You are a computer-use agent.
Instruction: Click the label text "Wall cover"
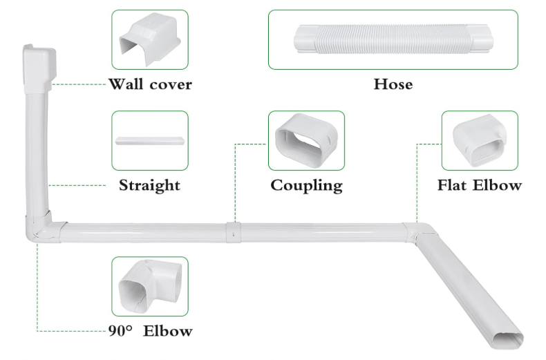click(x=150, y=85)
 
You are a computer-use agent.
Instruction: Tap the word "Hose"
click(x=393, y=85)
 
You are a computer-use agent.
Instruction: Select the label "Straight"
click(x=149, y=185)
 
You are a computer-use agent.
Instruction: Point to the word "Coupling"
click(x=306, y=185)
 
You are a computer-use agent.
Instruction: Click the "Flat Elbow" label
click(x=479, y=185)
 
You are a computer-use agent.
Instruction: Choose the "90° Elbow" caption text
click(x=150, y=331)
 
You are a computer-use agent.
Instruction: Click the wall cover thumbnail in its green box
click(x=149, y=39)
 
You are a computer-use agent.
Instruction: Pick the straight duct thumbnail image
click(x=149, y=141)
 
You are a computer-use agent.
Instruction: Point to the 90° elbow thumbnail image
click(x=149, y=286)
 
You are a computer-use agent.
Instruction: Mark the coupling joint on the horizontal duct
click(x=234, y=232)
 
